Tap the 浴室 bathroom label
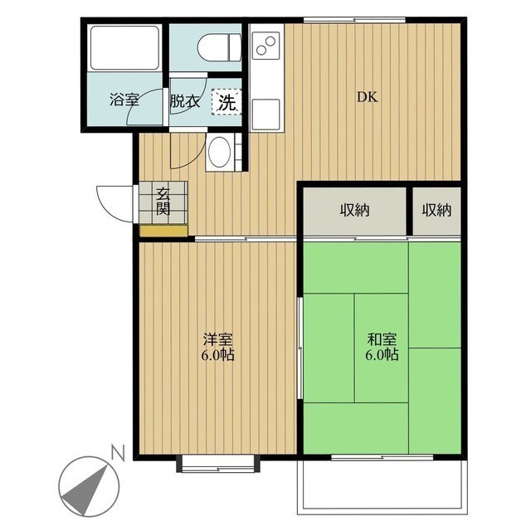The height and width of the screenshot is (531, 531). (124, 101)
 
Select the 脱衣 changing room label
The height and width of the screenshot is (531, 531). (185, 101)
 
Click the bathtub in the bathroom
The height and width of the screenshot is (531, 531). (124, 49)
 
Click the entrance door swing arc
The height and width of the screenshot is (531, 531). (113, 202)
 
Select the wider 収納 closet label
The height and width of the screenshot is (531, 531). (354, 211)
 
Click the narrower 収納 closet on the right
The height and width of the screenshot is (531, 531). (437, 211)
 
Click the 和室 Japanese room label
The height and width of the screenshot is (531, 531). (382, 347)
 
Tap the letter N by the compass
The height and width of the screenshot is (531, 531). (118, 453)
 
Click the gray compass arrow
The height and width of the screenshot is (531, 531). (86, 485)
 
